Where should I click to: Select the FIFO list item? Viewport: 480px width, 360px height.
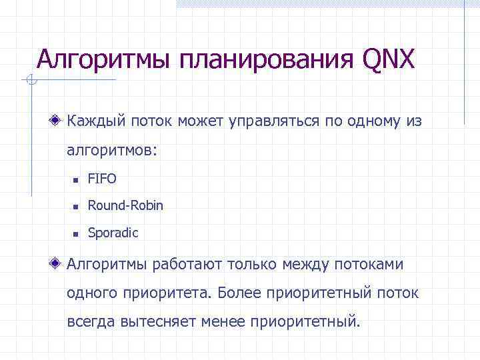pyautogui.click(x=102, y=179)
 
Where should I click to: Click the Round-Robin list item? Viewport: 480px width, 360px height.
pyautogui.click(x=125, y=206)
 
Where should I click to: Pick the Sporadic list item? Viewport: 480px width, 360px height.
pyautogui.click(x=113, y=233)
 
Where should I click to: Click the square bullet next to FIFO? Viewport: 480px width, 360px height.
pyautogui.click(x=76, y=180)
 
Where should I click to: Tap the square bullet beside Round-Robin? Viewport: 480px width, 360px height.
pyautogui.click(x=76, y=207)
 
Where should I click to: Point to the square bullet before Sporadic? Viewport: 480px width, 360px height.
pyautogui.click(x=76, y=234)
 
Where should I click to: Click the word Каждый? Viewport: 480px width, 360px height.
pyautogui.click(x=93, y=122)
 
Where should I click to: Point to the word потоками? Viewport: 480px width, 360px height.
pyautogui.click(x=370, y=265)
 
